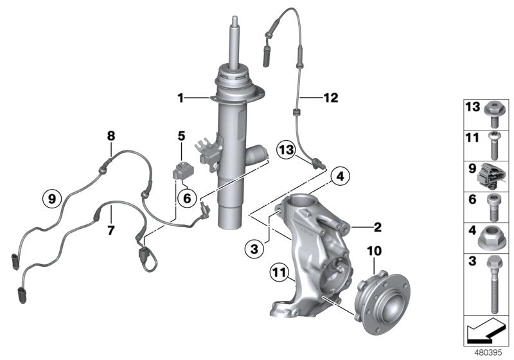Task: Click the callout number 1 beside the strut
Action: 181,98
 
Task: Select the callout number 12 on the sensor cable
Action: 330,98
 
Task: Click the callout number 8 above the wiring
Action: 111,136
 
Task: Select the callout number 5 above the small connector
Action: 181,136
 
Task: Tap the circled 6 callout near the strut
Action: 186,199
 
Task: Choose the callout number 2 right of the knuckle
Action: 377,226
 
